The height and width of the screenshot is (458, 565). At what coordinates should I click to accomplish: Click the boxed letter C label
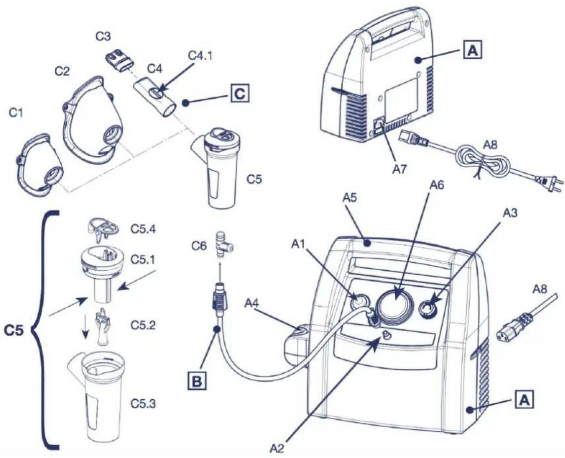click(239, 94)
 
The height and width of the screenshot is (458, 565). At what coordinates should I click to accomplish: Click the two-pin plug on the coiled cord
click(548, 180)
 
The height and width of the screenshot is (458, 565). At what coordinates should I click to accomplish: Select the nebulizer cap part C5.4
click(102, 230)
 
